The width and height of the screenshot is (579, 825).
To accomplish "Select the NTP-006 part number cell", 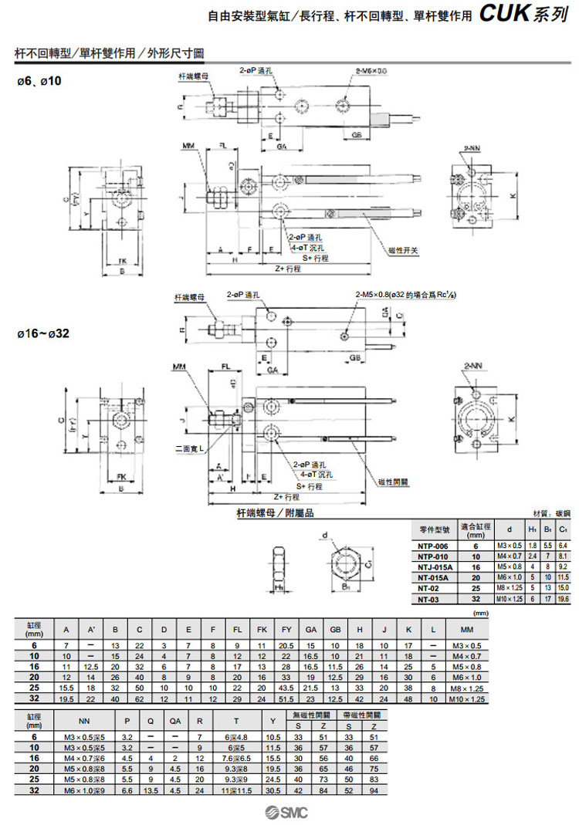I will (432, 546).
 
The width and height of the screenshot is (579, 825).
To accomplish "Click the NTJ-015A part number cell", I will (432, 566).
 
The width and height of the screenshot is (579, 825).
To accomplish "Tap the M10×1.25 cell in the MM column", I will (467, 699).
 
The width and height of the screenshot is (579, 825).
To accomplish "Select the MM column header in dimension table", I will (467, 627).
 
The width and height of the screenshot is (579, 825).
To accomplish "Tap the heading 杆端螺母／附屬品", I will (273, 513).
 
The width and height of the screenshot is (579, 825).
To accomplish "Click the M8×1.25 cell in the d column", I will (510, 586).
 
